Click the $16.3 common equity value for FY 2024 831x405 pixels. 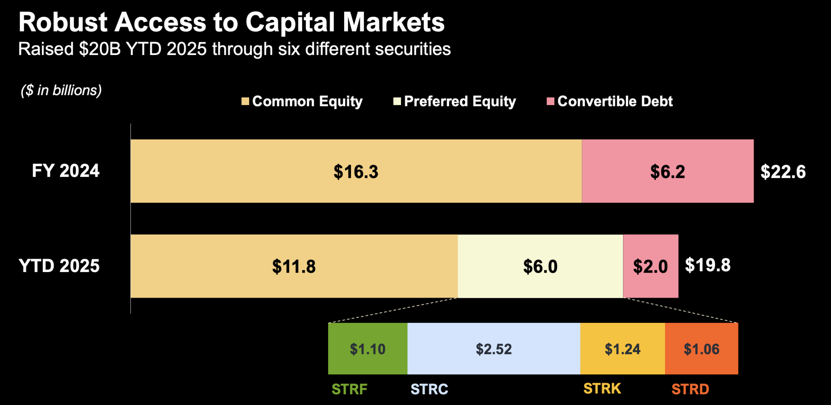[356, 171]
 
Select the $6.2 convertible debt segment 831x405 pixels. [668, 171]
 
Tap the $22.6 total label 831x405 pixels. [783, 172]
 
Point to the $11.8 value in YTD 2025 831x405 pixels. [294, 266]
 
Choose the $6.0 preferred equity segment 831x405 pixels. [540, 266]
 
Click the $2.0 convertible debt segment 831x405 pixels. [651, 266]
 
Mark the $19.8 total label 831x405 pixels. [708, 265]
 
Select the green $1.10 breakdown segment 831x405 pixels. [368, 349]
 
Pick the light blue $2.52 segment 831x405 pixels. [494, 349]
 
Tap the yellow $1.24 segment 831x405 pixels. [623, 349]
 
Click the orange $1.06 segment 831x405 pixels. [702, 349]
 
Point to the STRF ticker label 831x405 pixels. [349, 389]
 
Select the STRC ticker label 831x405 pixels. [429, 389]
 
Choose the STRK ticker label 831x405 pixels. [602, 389]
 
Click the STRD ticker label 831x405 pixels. [690, 389]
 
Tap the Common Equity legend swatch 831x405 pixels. [245, 101]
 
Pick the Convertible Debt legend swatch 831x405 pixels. [550, 101]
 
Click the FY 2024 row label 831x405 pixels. [65, 171]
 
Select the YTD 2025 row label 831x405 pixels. [59, 266]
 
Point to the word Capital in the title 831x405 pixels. [290, 23]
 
